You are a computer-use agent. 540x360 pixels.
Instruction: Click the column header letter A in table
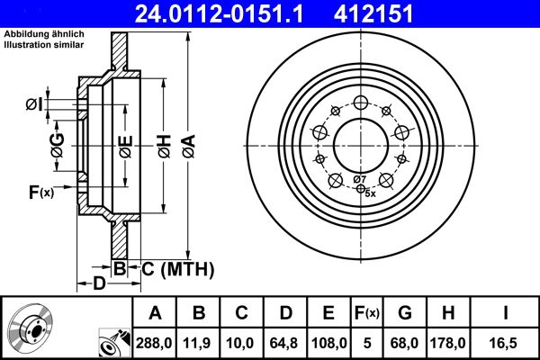click(x=155, y=313)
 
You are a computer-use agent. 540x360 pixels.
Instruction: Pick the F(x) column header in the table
click(x=366, y=313)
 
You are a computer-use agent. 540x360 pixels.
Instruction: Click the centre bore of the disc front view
click(x=360, y=143)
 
